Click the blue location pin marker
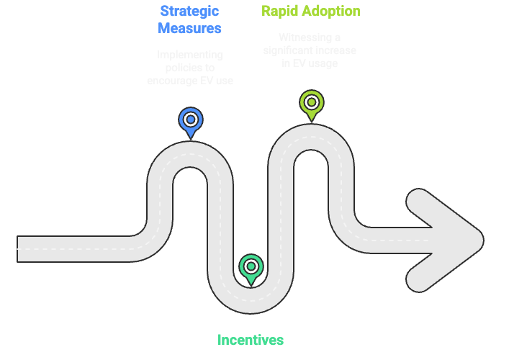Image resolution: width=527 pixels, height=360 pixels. [190, 121]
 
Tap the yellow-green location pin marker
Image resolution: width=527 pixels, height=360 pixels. [311, 103]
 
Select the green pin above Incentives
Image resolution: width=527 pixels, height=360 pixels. [251, 268]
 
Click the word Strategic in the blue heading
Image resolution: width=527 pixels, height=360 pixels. [190, 12]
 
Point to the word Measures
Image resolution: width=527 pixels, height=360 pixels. [190, 29]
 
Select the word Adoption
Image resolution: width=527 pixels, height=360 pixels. [330, 12]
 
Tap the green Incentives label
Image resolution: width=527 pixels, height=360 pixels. [251, 340]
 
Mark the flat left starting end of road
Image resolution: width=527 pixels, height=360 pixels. [20, 248]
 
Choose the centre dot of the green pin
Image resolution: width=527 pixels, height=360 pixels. [251, 266]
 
